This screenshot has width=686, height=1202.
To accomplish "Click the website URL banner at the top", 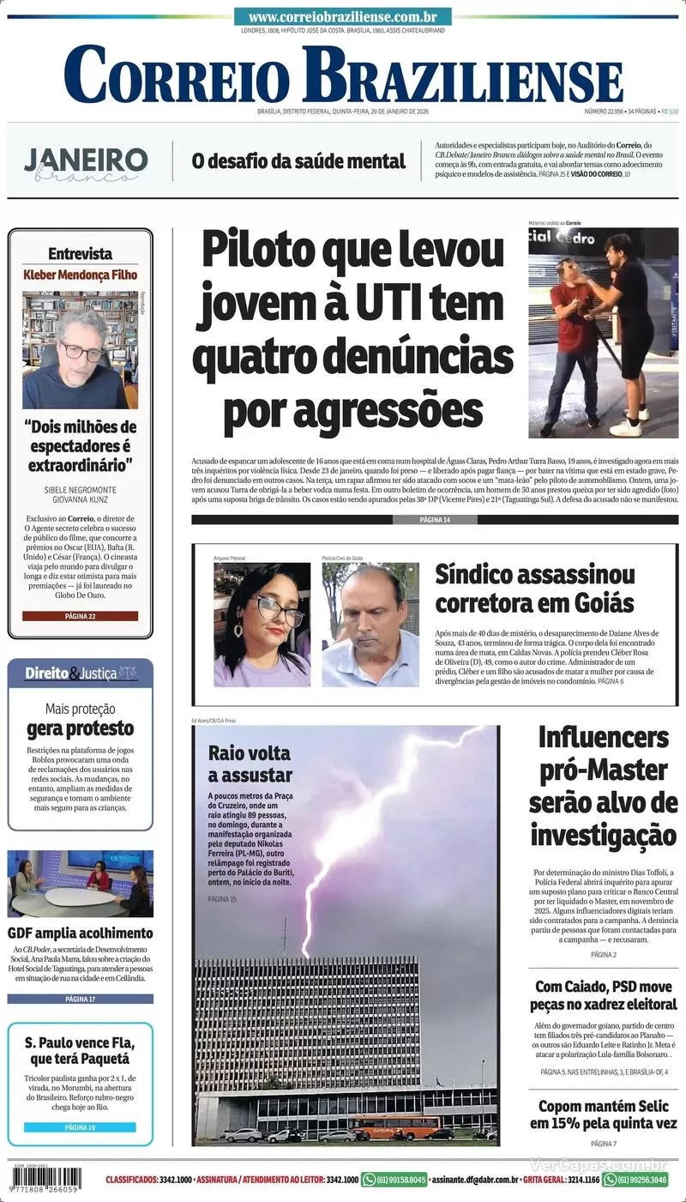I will (343, 17).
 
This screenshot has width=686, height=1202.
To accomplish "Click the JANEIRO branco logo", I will (86, 164).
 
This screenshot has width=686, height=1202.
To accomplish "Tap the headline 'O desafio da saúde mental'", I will (298, 160).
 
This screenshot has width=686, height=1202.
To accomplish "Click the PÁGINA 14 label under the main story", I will (435, 520).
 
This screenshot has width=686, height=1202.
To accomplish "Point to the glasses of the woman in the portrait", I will (278, 611).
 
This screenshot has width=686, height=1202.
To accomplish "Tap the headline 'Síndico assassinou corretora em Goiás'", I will (534, 588).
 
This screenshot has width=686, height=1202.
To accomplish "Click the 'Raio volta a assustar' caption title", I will (250, 764).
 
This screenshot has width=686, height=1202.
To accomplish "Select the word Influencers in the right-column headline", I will (603, 737).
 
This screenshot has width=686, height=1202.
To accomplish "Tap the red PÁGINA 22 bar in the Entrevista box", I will (80, 616).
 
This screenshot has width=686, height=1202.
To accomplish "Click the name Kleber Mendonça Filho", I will (80, 275).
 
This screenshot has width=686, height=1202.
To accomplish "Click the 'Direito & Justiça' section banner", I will (80, 673).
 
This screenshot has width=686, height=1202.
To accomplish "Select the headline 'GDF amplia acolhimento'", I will (80, 933).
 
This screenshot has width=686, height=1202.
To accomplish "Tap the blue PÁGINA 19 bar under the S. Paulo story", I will (80, 1126).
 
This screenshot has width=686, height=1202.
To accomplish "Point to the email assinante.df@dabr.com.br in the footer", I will (473, 1180).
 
